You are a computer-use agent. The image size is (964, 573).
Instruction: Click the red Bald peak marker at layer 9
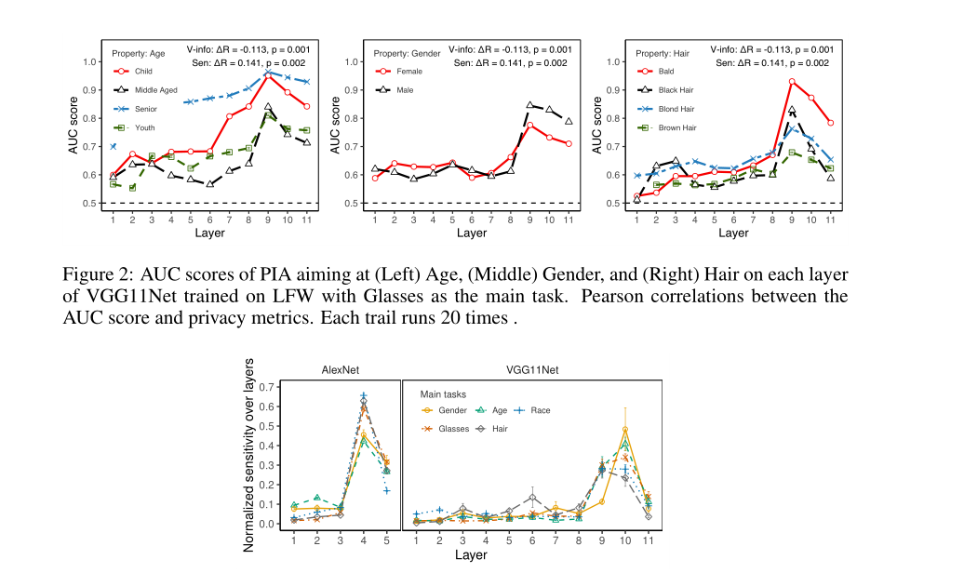click(x=792, y=82)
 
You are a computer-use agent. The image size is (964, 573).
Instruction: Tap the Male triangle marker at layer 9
click(x=529, y=106)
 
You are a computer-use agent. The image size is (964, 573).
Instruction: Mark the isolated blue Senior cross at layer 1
click(x=113, y=146)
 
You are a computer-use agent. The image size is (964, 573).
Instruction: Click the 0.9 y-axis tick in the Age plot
click(x=89, y=89)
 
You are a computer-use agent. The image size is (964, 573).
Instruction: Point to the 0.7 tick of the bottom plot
click(x=269, y=387)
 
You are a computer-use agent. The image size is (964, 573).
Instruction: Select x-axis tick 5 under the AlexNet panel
click(x=386, y=540)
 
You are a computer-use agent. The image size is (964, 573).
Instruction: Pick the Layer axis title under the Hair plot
click(x=733, y=233)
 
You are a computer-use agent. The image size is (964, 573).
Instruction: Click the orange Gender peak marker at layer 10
click(x=624, y=430)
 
